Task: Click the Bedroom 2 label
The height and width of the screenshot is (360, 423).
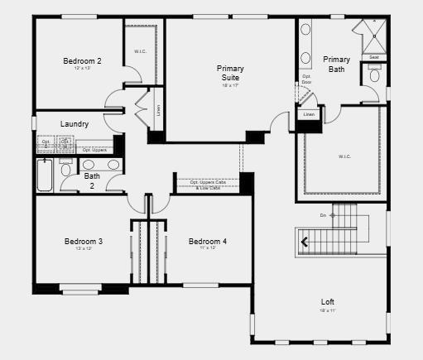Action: pos(82,60)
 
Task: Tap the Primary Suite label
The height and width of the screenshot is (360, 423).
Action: pos(230,73)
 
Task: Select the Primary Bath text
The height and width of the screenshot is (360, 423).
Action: pos(336,64)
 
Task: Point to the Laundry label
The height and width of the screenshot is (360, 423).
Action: pos(75,124)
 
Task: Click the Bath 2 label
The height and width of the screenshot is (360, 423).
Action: pos(92,180)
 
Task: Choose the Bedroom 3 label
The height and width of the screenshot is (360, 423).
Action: pos(84,242)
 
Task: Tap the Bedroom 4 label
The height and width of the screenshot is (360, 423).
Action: pos(207,242)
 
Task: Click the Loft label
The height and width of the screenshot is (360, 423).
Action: pos(329,301)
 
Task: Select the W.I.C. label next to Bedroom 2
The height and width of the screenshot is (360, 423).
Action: pos(140,52)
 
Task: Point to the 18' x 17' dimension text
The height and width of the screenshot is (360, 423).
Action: pos(230,86)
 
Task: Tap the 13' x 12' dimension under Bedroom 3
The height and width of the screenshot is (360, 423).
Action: pos(84,249)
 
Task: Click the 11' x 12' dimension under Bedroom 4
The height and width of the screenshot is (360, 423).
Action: pos(207,248)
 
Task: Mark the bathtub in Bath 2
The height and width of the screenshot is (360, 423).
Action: pos(45,175)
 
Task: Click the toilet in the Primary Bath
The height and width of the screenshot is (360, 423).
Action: pos(374,74)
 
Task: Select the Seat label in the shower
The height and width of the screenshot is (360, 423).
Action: pos(374,57)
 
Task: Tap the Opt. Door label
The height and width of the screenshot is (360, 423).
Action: pos(306,79)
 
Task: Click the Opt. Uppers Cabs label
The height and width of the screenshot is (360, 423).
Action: pos(207,182)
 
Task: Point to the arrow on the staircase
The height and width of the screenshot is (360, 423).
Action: pos(305,242)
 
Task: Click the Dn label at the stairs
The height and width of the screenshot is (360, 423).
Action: pos(323,215)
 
